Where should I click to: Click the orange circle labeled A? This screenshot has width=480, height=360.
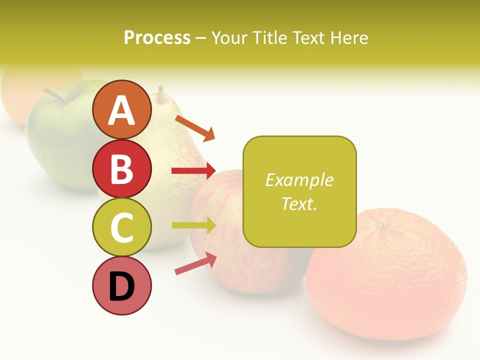point(121,109)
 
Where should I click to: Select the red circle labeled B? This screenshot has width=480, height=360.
point(121,168)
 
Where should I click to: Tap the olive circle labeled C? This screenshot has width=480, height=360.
point(121,227)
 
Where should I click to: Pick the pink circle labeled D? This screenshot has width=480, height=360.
point(121,286)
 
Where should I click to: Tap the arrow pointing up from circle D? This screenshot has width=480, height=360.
point(195,263)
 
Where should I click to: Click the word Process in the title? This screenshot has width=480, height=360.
point(157,37)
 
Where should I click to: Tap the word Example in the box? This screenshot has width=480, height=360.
point(299,180)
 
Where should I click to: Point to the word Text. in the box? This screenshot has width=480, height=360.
point(299,203)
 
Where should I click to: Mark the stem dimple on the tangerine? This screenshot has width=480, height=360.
point(383,226)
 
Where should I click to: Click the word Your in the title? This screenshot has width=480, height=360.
point(228,37)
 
